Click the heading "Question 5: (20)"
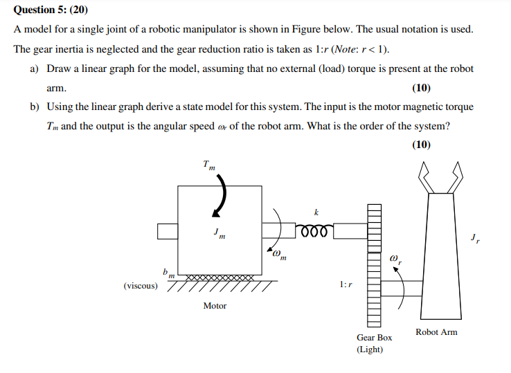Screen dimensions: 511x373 pos(51,10)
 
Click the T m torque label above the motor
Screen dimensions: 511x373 pos(209,165)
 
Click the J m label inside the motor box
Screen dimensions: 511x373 pos(219,234)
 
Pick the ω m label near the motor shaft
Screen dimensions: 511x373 pos(280,255)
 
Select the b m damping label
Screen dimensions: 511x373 pos(167,274)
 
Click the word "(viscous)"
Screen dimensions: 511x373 pos(141,285)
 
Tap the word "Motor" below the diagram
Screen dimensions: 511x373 pos(215,305)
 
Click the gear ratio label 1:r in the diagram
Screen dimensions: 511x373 pos(346,284)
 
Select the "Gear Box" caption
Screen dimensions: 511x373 pos(374,338)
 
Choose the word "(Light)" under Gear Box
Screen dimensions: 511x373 pos(370,349)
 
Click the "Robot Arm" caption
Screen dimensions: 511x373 pos(436,332)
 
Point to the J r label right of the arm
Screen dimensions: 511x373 pos(474,239)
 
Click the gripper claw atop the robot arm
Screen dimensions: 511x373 pos(441,179)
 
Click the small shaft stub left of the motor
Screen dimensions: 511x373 pos(168,230)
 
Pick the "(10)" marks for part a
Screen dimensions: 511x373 pos(421,88)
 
